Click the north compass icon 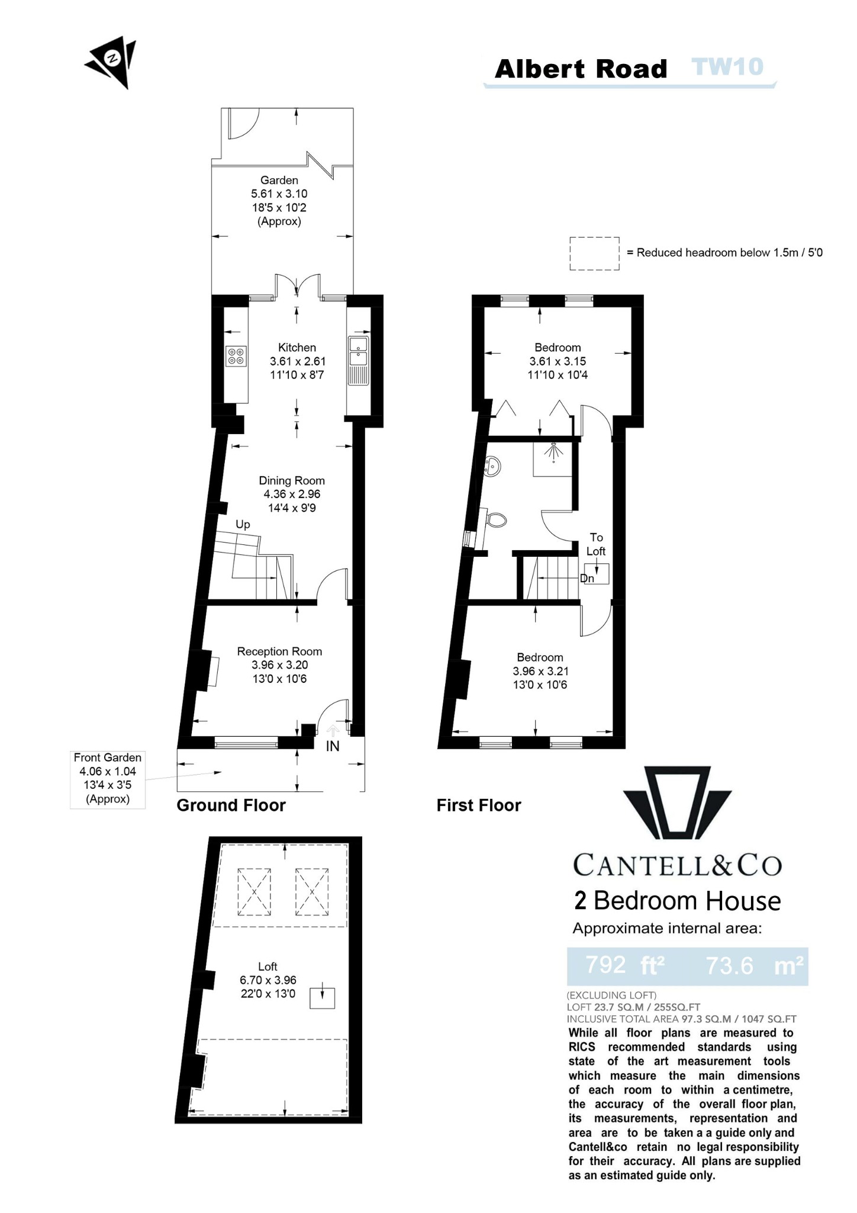pyautogui.click(x=112, y=60)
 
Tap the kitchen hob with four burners pyautogui.click(x=236, y=356)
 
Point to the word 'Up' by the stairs pyautogui.click(x=243, y=524)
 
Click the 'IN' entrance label pyautogui.click(x=333, y=746)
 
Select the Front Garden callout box pyautogui.click(x=108, y=778)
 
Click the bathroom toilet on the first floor pyautogui.click(x=495, y=520)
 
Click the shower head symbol pyautogui.click(x=553, y=451)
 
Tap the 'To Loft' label pyautogui.click(x=596, y=544)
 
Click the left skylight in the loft pyautogui.click(x=254, y=891)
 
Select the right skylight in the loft pyautogui.click(x=312, y=891)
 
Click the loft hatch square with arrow pyautogui.click(x=323, y=998)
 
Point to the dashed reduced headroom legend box pyautogui.click(x=594, y=253)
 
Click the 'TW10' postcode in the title pyautogui.click(x=727, y=68)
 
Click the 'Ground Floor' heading pyautogui.click(x=231, y=805)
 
